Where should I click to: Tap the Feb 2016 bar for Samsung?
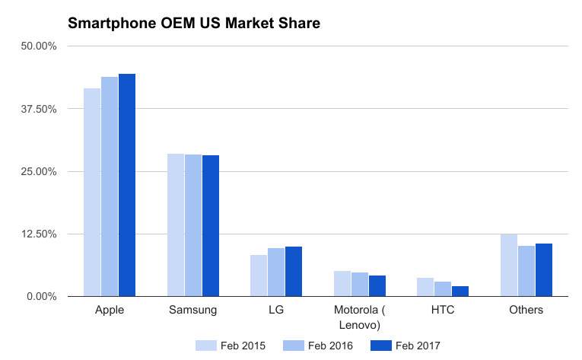tap(193, 225)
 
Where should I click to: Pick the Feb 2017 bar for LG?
tap(294, 271)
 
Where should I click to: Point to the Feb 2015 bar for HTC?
tap(426, 287)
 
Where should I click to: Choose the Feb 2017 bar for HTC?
tap(460, 291)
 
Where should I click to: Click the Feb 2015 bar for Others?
tap(509, 265)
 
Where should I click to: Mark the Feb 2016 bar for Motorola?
tap(360, 284)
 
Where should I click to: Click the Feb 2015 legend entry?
tap(231, 346)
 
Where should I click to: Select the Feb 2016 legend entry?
tap(318, 346)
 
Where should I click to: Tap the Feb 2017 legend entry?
tap(405, 346)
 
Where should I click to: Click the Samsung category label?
tap(193, 310)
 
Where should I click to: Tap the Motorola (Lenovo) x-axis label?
tap(360, 317)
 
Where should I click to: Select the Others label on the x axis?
tap(526, 310)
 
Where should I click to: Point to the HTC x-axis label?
tap(443, 310)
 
